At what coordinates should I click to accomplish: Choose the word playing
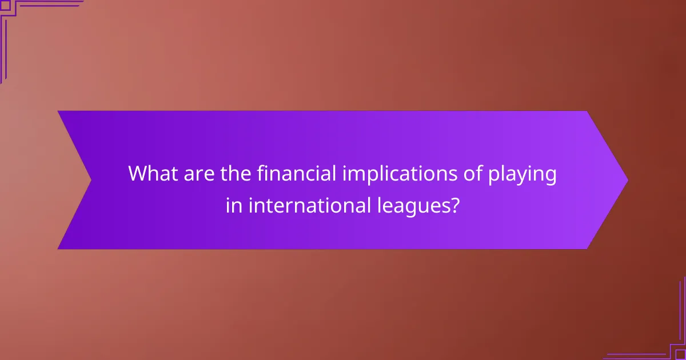point(525,175)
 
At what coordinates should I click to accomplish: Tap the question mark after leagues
point(454,205)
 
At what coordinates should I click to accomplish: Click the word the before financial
point(238,174)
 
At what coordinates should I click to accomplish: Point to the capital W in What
point(138,174)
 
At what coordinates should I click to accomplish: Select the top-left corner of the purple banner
point(59,112)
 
